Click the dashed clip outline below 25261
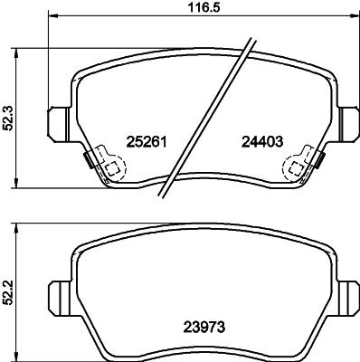[109, 168]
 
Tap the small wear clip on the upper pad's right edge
[320, 161]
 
